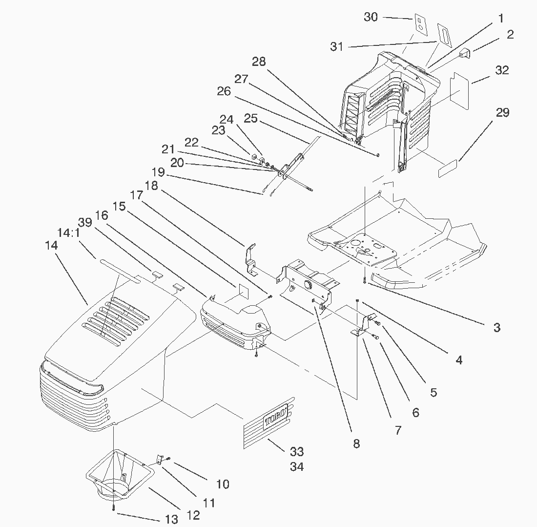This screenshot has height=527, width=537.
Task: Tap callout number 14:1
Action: (69, 233)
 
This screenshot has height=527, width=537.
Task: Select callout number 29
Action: (502, 113)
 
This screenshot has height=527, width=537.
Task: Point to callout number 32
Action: (501, 70)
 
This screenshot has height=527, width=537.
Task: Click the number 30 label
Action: (371, 17)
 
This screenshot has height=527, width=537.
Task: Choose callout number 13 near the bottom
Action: (171, 520)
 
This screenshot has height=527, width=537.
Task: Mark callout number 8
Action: (356, 443)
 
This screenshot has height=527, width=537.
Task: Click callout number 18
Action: (152, 186)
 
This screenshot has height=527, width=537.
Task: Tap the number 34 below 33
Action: (297, 467)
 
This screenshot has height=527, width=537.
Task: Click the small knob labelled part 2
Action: (463, 54)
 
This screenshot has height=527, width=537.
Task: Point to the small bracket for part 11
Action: (159, 460)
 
